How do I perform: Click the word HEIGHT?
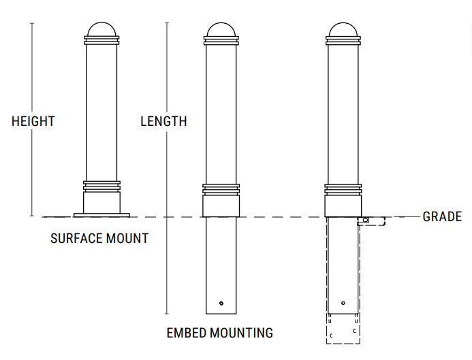coord(33,122)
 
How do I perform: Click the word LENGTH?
coord(163,122)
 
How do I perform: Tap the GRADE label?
coord(442,217)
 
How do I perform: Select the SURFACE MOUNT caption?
coord(99,239)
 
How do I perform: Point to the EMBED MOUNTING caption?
coord(220,333)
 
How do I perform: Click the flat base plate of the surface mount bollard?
coord(101,215)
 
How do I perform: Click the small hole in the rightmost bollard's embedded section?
coord(343,303)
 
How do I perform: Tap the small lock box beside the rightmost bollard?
coord(365,220)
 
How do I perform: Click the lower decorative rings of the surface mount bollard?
coord(101,185)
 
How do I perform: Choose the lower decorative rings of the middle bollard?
coord(221,189)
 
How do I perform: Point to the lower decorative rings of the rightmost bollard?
coord(343,189)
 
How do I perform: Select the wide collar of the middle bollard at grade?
coord(221,206)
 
